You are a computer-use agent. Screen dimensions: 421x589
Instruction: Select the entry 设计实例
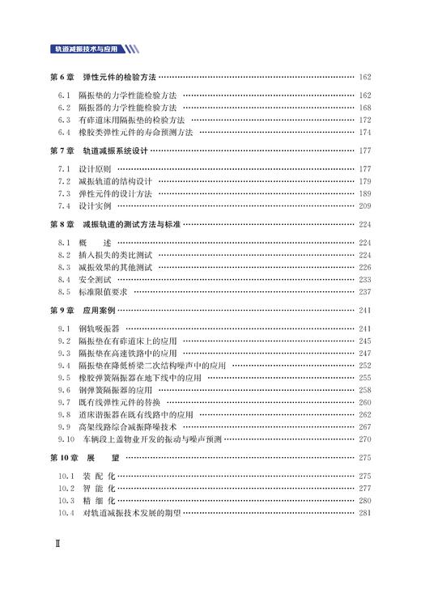click(96, 206)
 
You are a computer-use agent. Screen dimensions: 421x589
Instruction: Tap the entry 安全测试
click(96, 279)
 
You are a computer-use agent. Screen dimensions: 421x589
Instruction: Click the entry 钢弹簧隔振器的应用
click(121, 390)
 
